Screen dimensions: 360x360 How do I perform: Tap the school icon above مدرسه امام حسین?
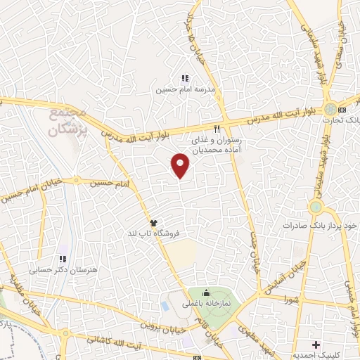click(x=185, y=79)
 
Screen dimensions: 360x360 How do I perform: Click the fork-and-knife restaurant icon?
click(x=217, y=129)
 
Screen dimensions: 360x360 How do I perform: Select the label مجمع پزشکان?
click(x=69, y=119)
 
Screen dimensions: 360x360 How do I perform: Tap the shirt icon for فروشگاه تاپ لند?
click(x=153, y=222)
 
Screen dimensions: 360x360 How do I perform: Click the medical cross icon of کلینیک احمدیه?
click(x=316, y=345)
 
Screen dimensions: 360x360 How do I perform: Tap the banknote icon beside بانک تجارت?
click(x=342, y=110)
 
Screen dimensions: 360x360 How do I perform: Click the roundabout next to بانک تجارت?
click(x=330, y=110)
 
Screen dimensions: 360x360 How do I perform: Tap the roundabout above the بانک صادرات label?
click(x=316, y=208)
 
